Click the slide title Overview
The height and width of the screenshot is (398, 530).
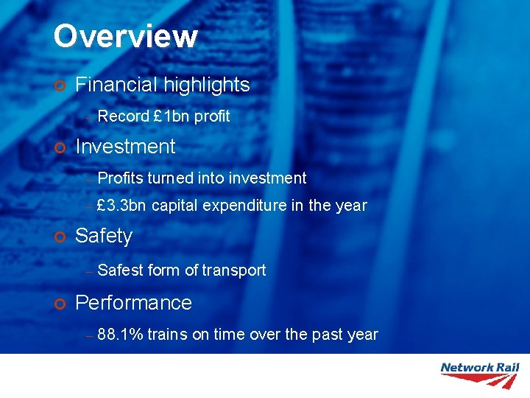click(x=125, y=36)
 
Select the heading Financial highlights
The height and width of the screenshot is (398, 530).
click(x=163, y=85)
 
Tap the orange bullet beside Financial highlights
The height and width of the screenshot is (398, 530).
click(x=60, y=85)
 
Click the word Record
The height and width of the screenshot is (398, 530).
click(x=123, y=116)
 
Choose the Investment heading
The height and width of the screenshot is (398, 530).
click(x=125, y=147)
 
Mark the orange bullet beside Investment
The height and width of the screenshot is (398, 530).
click(x=60, y=147)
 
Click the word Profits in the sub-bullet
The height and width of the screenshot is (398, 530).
click(x=120, y=178)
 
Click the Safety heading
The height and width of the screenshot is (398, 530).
click(x=104, y=236)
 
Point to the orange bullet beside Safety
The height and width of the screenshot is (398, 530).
click(x=60, y=237)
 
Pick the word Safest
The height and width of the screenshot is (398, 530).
click(x=121, y=270)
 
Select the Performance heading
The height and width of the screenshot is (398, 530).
click(x=133, y=303)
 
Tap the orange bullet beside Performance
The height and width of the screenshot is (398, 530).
click(x=60, y=304)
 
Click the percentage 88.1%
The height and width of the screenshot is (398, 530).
click(x=120, y=335)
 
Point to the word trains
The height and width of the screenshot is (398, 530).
click(x=167, y=335)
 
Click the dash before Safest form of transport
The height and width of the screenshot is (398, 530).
click(x=88, y=271)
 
